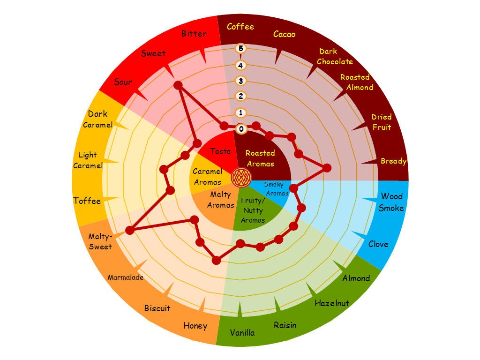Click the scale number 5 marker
point(241,48)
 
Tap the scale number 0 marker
point(241,129)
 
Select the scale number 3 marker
point(241,81)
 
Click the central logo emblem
point(241,177)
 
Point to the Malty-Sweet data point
point(130,230)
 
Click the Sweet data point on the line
point(178,85)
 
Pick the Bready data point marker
point(327,168)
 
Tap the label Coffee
point(240,27)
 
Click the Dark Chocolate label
point(335,57)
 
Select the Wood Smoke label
point(391,202)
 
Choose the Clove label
point(378,244)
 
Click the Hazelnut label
point(332,303)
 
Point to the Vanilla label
point(242,332)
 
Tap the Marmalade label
point(126,277)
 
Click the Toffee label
point(87,201)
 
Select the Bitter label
point(194,33)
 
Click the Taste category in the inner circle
point(220,151)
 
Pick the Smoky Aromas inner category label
point(277,188)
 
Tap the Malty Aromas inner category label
point(220,200)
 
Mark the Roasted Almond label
point(356,82)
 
